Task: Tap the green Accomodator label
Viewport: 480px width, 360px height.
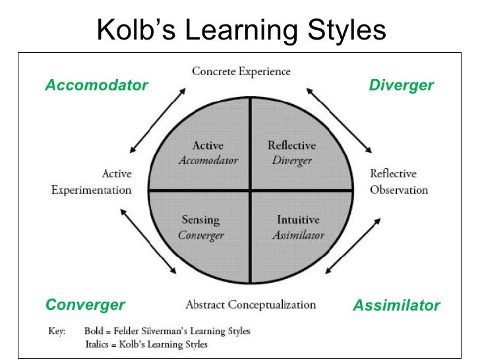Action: tap(96, 86)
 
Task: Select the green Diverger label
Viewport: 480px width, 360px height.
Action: tap(401, 86)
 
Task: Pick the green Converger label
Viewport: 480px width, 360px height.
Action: tap(85, 305)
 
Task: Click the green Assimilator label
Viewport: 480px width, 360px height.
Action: tap(396, 305)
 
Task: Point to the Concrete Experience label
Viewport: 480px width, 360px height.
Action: tap(241, 71)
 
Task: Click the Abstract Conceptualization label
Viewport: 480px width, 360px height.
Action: tap(251, 305)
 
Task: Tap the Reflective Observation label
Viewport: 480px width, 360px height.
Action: tap(399, 182)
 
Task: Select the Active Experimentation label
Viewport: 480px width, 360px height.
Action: tap(92, 182)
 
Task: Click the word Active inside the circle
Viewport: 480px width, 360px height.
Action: tap(208, 146)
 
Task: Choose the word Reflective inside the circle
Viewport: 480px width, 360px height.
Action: tap(291, 146)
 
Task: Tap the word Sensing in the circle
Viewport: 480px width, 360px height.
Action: tap(201, 220)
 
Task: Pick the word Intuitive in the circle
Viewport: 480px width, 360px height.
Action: tap(299, 220)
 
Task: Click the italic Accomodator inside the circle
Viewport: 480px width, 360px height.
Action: tap(208, 160)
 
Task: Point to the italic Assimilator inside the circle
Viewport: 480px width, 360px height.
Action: tap(299, 235)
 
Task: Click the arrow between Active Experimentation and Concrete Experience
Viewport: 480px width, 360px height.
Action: tap(156, 120)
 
